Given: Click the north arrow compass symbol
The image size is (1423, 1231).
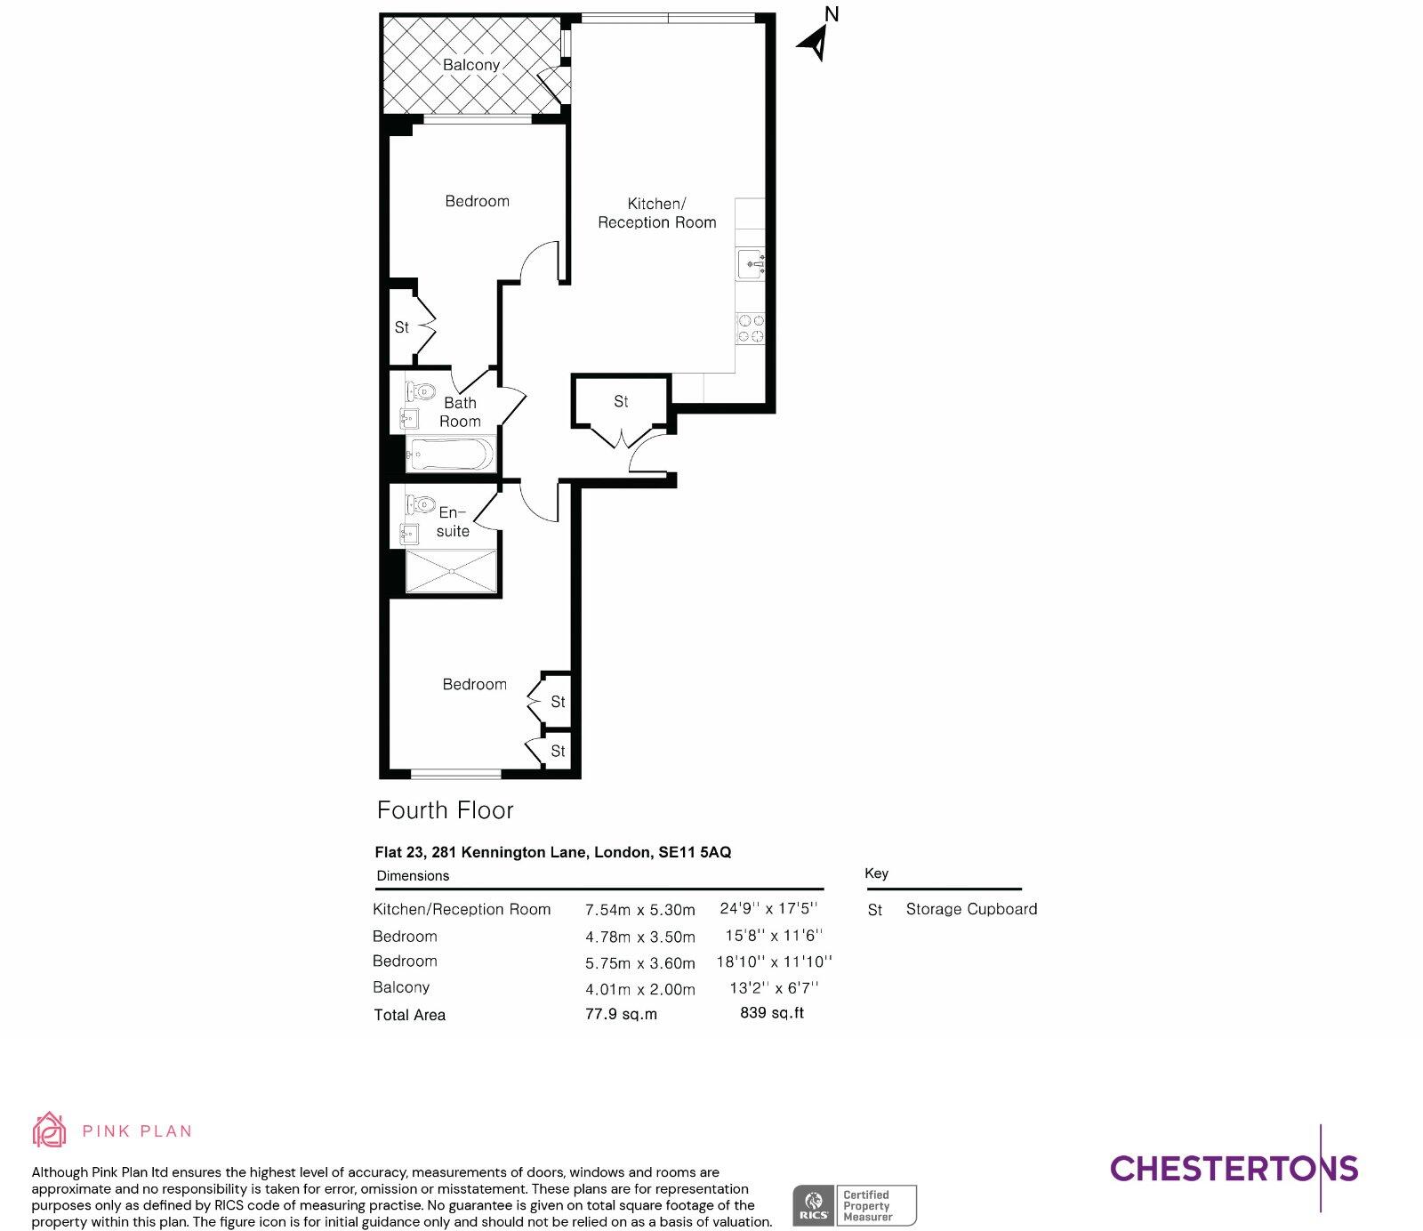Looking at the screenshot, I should pyautogui.click(x=816, y=40).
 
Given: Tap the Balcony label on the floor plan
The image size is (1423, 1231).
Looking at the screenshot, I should pyautogui.click(x=470, y=65).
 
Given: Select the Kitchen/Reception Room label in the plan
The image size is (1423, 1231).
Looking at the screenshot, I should pyautogui.click(x=656, y=213).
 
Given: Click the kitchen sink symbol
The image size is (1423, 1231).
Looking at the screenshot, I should pyautogui.click(x=751, y=264).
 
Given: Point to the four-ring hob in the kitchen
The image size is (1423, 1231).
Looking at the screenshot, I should pyautogui.click(x=751, y=328).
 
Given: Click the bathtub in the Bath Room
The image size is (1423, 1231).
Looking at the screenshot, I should pyautogui.click(x=450, y=455).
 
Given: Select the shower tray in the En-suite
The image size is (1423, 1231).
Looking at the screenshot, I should pyautogui.click(x=451, y=571).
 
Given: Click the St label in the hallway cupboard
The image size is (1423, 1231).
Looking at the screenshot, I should pyautogui.click(x=621, y=402).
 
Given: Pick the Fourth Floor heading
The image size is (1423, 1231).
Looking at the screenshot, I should pyautogui.click(x=445, y=810).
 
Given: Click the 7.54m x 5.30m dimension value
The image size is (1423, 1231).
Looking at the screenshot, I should pyautogui.click(x=639, y=910).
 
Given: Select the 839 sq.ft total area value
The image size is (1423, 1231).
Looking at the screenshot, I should pyautogui.click(x=771, y=1013).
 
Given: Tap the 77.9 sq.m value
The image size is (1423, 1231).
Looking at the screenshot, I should pyautogui.click(x=621, y=1014).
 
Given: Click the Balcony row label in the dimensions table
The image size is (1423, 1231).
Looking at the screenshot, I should pyautogui.click(x=401, y=987).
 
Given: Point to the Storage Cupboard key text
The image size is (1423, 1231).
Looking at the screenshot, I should pyautogui.click(x=971, y=909).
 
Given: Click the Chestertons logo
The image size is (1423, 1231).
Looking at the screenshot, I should pyautogui.click(x=1234, y=1168).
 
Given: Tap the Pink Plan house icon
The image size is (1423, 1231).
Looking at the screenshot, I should pyautogui.click(x=49, y=1130).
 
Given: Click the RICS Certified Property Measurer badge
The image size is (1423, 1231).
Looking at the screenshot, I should pyautogui.click(x=854, y=1206).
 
